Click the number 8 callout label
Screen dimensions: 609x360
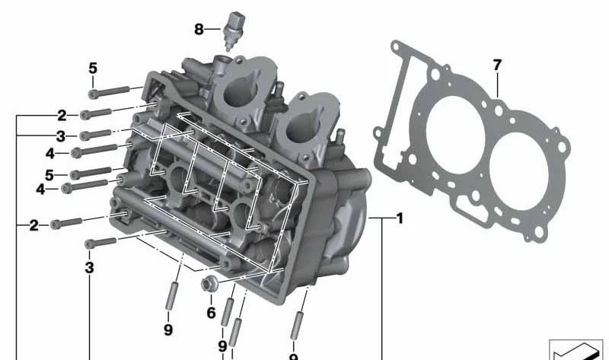(199, 29)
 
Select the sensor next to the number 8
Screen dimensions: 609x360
(234, 31)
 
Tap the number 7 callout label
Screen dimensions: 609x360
(497, 65)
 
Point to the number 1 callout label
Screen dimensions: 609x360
(400, 218)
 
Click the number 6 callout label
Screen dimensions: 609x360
(211, 313)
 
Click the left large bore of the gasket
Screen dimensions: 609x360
(454, 135)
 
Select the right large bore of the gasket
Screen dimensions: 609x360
(518, 171)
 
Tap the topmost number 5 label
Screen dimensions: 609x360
(93, 68)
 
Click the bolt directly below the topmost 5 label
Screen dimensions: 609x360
(109, 92)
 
